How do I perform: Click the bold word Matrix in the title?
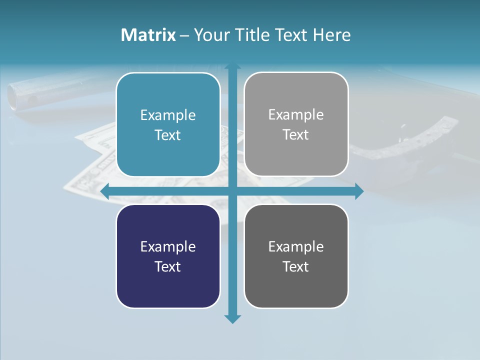click(x=148, y=35)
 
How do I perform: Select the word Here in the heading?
click(x=332, y=35)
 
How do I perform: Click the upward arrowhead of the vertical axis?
click(x=232, y=66)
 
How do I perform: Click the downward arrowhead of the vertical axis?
click(x=232, y=319)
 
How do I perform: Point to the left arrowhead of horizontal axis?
click(x=105, y=191)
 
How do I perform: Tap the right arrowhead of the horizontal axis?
click(x=359, y=191)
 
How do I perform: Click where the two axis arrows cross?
click(x=232, y=191)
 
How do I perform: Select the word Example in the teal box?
click(x=168, y=115)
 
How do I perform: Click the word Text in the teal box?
click(x=168, y=135)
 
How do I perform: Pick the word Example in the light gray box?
click(x=296, y=115)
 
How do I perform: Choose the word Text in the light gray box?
click(x=296, y=135)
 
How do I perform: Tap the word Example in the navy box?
click(x=168, y=247)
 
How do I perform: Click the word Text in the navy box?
click(x=168, y=267)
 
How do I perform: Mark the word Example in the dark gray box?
click(x=296, y=247)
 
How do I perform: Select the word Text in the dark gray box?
click(x=296, y=267)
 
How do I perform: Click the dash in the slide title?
click(x=184, y=35)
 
